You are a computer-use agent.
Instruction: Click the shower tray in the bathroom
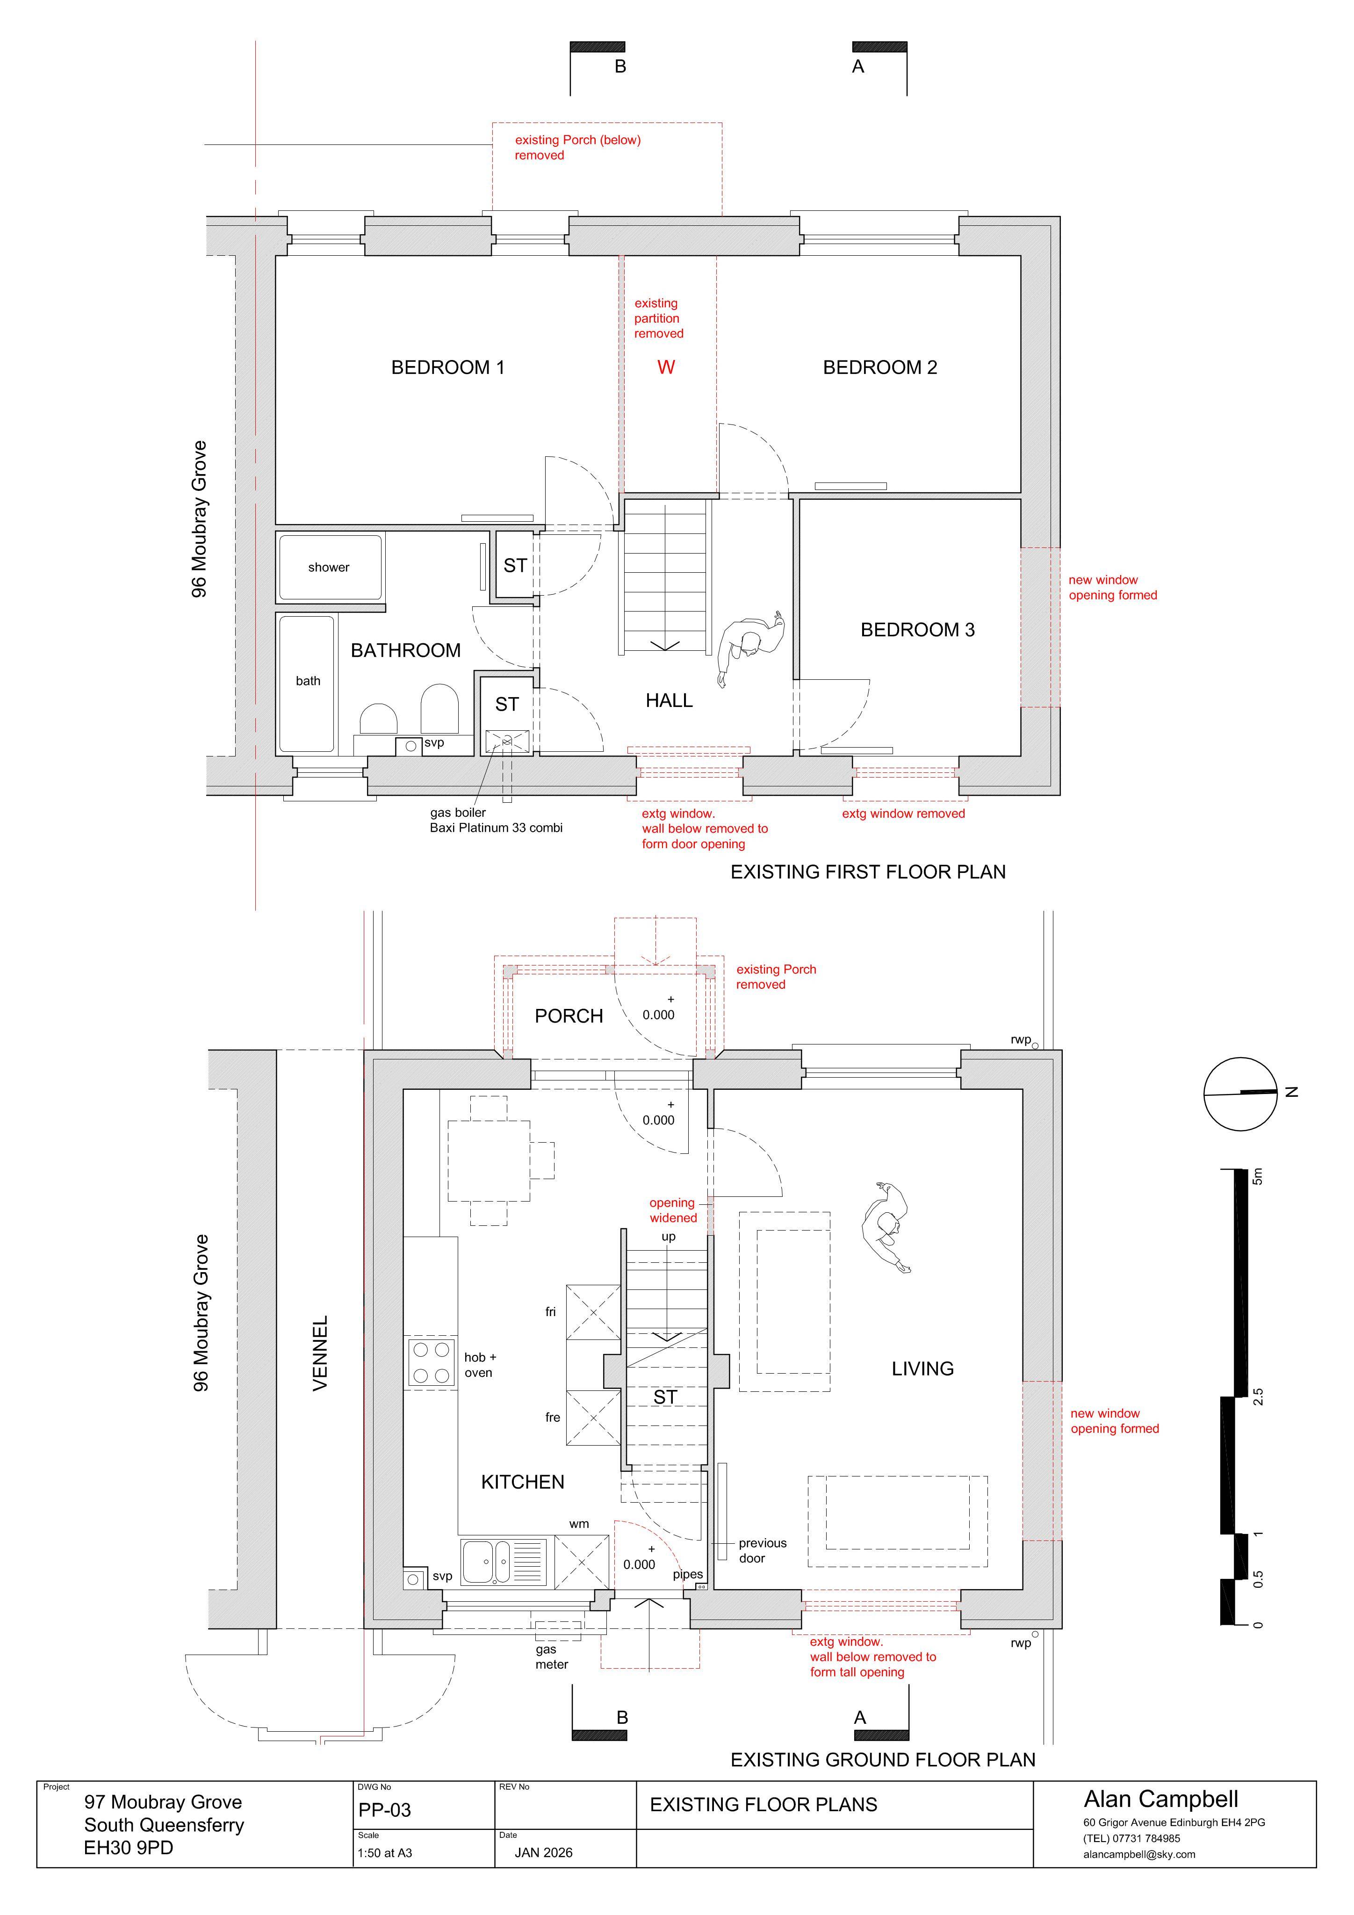point(331,567)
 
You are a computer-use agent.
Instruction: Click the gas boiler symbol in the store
point(507,742)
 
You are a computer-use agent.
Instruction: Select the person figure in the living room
point(886,1227)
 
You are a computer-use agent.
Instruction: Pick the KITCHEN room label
point(523,1482)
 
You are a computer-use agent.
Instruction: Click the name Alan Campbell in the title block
point(1161,1799)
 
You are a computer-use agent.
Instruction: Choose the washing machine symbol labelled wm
point(582,1562)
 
